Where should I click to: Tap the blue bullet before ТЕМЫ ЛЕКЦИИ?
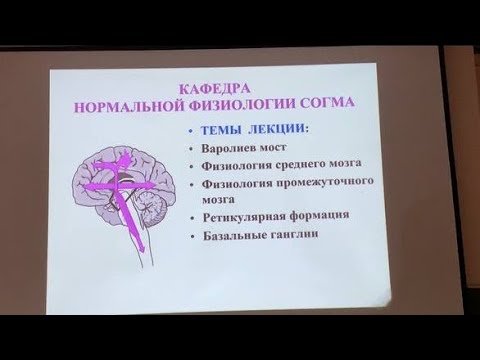click(190, 129)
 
